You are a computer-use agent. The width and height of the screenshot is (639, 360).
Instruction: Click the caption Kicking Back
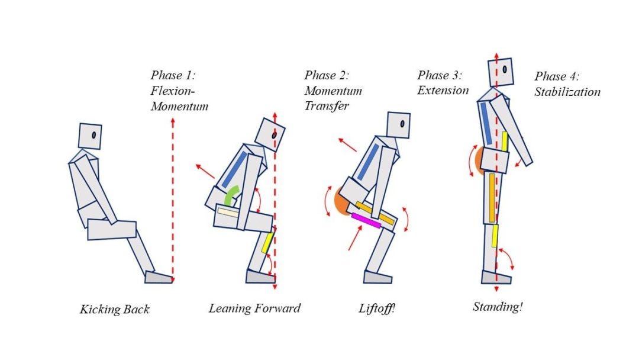coord(115,309)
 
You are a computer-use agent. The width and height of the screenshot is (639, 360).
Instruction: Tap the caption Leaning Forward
coord(254,308)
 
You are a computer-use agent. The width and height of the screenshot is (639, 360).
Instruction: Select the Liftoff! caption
coord(376,308)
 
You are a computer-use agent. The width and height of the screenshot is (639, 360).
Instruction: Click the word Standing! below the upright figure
coord(498,307)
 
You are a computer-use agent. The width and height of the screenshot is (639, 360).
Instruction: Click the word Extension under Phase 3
coord(443,91)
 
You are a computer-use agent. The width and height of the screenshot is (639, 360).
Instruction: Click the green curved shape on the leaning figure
coord(233,194)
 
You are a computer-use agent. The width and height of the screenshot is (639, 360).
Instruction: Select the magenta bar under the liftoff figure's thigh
coord(366,220)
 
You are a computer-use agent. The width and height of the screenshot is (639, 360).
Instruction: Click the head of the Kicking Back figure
coord(91,136)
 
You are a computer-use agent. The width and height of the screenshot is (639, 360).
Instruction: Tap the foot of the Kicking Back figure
coord(158,277)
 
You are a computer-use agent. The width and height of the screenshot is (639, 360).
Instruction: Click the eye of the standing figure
coord(505,69)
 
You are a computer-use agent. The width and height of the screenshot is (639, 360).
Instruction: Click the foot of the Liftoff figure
coord(377,277)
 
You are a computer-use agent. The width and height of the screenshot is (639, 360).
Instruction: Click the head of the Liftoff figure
coord(398,125)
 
